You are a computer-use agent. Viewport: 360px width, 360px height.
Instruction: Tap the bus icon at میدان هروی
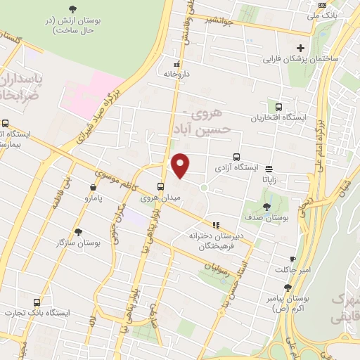point(161,186)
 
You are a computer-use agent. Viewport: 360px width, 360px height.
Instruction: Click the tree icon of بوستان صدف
point(267,207)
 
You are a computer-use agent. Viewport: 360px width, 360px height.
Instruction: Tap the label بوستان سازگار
point(79,243)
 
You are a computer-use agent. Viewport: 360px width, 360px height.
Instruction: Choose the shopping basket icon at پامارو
point(94,188)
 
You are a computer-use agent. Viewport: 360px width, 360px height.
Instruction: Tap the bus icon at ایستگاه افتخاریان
point(279,107)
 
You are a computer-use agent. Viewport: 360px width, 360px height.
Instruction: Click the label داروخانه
point(178,72)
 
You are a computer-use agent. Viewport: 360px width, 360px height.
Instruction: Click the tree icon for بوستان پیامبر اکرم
point(288,287)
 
